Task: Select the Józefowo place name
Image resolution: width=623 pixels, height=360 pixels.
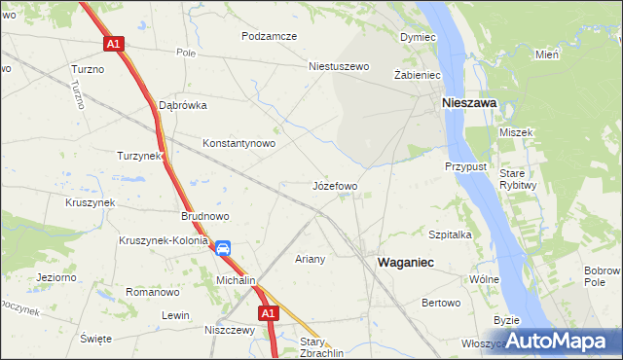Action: [x=335, y=185]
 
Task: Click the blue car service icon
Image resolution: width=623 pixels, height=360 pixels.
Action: [x=223, y=248]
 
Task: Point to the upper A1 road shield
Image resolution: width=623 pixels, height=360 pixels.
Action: [x=114, y=44]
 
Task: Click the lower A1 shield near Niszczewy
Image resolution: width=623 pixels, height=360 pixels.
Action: [x=270, y=313]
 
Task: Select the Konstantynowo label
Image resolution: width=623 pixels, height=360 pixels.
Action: [x=238, y=143]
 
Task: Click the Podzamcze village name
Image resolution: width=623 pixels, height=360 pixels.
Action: [x=270, y=36]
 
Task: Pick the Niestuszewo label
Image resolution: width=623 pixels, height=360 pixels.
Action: [x=340, y=67]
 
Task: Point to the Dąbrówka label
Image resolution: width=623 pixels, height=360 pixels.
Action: [x=183, y=105]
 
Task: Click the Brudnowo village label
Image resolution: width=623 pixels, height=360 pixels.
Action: [x=204, y=217]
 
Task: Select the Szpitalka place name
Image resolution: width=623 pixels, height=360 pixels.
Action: [x=450, y=234]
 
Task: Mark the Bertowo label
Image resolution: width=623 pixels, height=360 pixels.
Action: [x=441, y=303]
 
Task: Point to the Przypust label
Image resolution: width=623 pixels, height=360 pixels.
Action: [x=465, y=166]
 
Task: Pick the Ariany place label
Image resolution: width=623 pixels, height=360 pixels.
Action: [x=310, y=259]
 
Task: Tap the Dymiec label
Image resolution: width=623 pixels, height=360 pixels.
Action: [x=417, y=36]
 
